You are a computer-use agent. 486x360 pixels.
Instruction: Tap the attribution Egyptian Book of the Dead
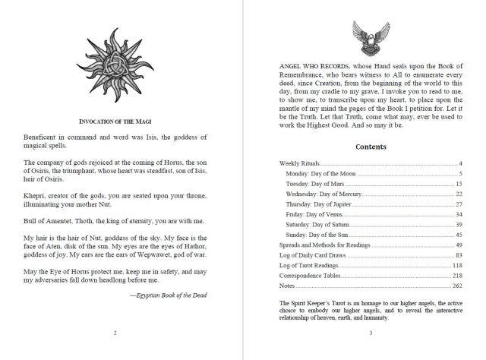167,294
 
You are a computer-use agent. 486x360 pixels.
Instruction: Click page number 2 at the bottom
114,332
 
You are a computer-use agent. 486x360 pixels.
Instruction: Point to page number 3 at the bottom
369,332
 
